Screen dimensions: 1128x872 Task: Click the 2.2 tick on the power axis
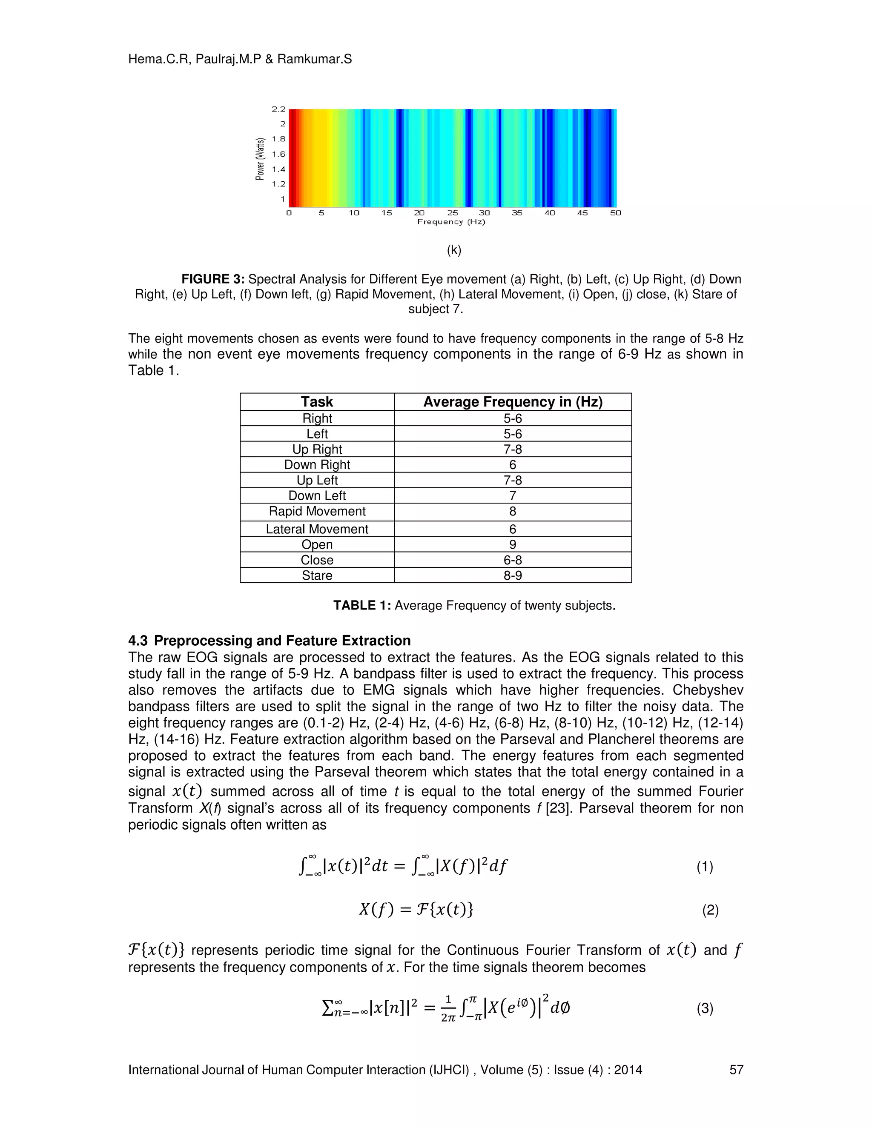pyautogui.click(x=278, y=109)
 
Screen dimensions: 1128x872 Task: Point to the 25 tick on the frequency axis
pyautogui.click(x=452, y=213)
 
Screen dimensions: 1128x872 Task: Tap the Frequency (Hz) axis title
pyautogui.click(x=451, y=222)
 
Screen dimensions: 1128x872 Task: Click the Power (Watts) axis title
pyautogui.click(x=260, y=159)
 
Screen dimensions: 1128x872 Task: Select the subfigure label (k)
pyautogui.click(x=453, y=250)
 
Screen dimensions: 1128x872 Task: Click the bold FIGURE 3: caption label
pyautogui.click(x=212, y=279)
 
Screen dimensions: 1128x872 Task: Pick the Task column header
pyautogui.click(x=317, y=402)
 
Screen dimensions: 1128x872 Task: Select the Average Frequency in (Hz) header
pyautogui.click(x=513, y=402)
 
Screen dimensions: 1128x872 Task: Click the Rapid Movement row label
pyautogui.click(x=317, y=511)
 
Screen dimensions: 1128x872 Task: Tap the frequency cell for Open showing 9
pyautogui.click(x=513, y=544)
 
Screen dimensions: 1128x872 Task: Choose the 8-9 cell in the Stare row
pyautogui.click(x=513, y=575)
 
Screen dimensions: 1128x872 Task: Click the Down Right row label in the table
pyautogui.click(x=317, y=465)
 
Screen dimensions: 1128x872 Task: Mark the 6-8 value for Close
pyautogui.click(x=513, y=560)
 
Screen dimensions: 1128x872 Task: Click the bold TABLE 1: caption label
pyautogui.click(x=361, y=605)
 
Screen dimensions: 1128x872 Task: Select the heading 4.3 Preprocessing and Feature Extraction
pyautogui.click(x=269, y=641)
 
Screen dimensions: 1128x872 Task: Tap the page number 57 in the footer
pyautogui.click(x=736, y=1070)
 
